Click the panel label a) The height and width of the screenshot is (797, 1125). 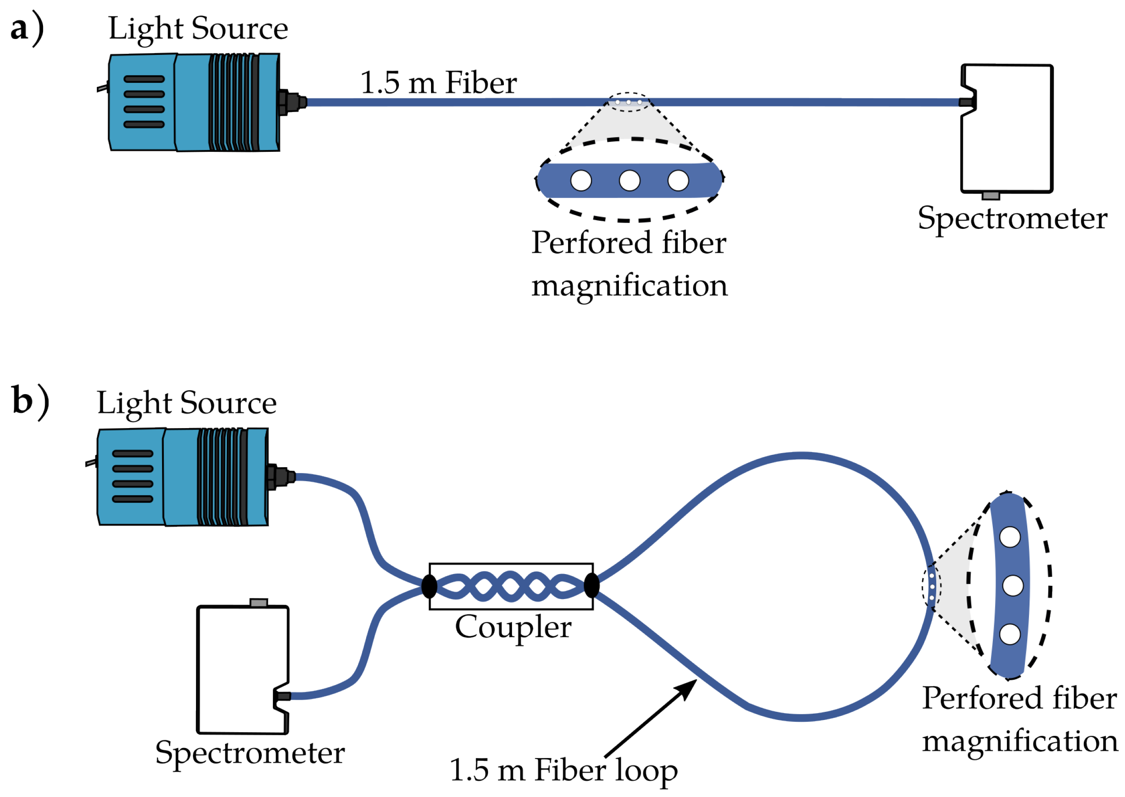[27, 29]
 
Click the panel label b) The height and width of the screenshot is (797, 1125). [30, 402]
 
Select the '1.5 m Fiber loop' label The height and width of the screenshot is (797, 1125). [564, 770]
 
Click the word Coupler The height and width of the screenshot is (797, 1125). [513, 628]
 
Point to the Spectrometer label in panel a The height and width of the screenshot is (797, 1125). [1012, 219]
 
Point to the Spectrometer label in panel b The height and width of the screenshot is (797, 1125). [250, 754]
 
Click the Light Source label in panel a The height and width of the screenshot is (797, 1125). [198, 29]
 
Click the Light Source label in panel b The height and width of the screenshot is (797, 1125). [187, 403]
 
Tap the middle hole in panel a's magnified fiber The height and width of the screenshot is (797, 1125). [629, 181]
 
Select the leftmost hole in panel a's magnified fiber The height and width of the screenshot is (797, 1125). [581, 181]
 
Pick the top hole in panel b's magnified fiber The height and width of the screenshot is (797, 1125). [1010, 537]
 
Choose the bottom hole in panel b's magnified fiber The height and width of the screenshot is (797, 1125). [1010, 634]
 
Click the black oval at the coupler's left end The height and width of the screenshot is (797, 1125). [429, 586]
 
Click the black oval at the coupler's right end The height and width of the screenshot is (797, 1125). [592, 586]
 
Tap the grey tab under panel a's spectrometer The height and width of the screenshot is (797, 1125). [991, 195]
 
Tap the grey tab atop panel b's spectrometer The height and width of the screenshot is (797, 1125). [259, 603]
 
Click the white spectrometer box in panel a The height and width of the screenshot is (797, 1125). [1006, 128]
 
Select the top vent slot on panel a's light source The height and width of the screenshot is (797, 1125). [144, 79]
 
